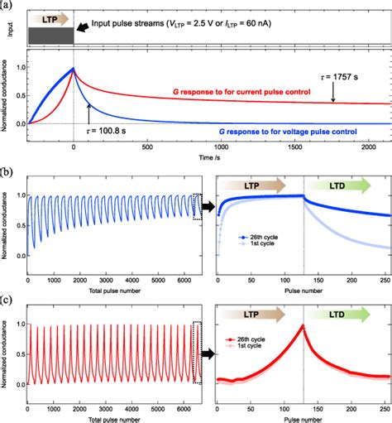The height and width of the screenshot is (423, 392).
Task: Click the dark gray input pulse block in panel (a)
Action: point(50,36)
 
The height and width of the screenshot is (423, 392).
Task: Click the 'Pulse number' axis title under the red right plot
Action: point(301,417)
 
